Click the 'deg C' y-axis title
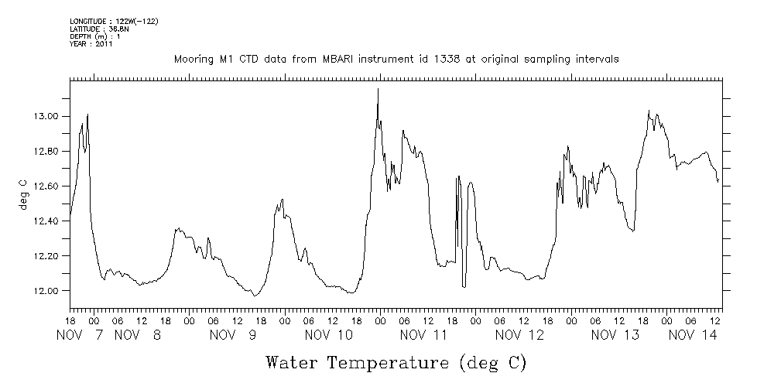(x=22, y=195)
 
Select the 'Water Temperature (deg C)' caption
(x=396, y=362)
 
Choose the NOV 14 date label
(x=692, y=335)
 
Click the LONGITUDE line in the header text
(x=114, y=21)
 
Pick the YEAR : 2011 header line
(x=91, y=44)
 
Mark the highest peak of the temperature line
(x=378, y=89)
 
